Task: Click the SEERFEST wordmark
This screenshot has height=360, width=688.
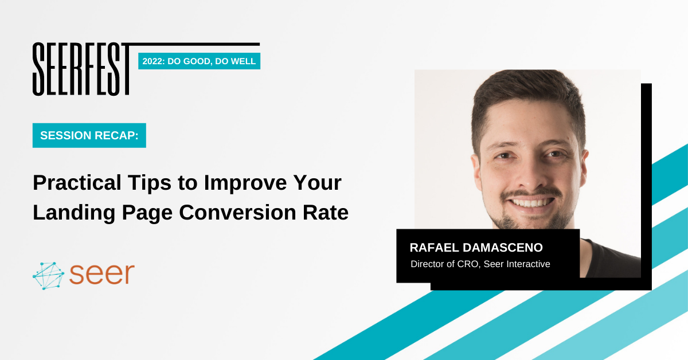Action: tap(81, 69)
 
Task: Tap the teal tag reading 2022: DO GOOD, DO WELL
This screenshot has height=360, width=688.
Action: tap(199, 61)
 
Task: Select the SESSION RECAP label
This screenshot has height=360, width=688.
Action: tap(89, 135)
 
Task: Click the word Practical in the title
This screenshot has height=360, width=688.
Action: tap(77, 183)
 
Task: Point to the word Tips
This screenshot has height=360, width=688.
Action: tap(150, 183)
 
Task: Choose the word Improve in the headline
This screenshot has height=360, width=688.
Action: tap(245, 183)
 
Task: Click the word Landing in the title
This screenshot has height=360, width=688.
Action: tap(74, 213)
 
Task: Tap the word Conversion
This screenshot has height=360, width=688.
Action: tap(237, 212)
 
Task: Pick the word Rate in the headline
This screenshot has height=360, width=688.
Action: tap(326, 212)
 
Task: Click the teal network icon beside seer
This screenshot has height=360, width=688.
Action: tap(48, 276)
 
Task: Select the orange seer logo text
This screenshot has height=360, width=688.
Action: tap(102, 273)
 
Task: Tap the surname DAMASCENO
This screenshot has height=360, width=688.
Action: tap(503, 248)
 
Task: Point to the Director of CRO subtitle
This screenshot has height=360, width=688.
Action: tap(480, 264)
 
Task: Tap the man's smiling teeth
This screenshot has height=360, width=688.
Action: tap(531, 203)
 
